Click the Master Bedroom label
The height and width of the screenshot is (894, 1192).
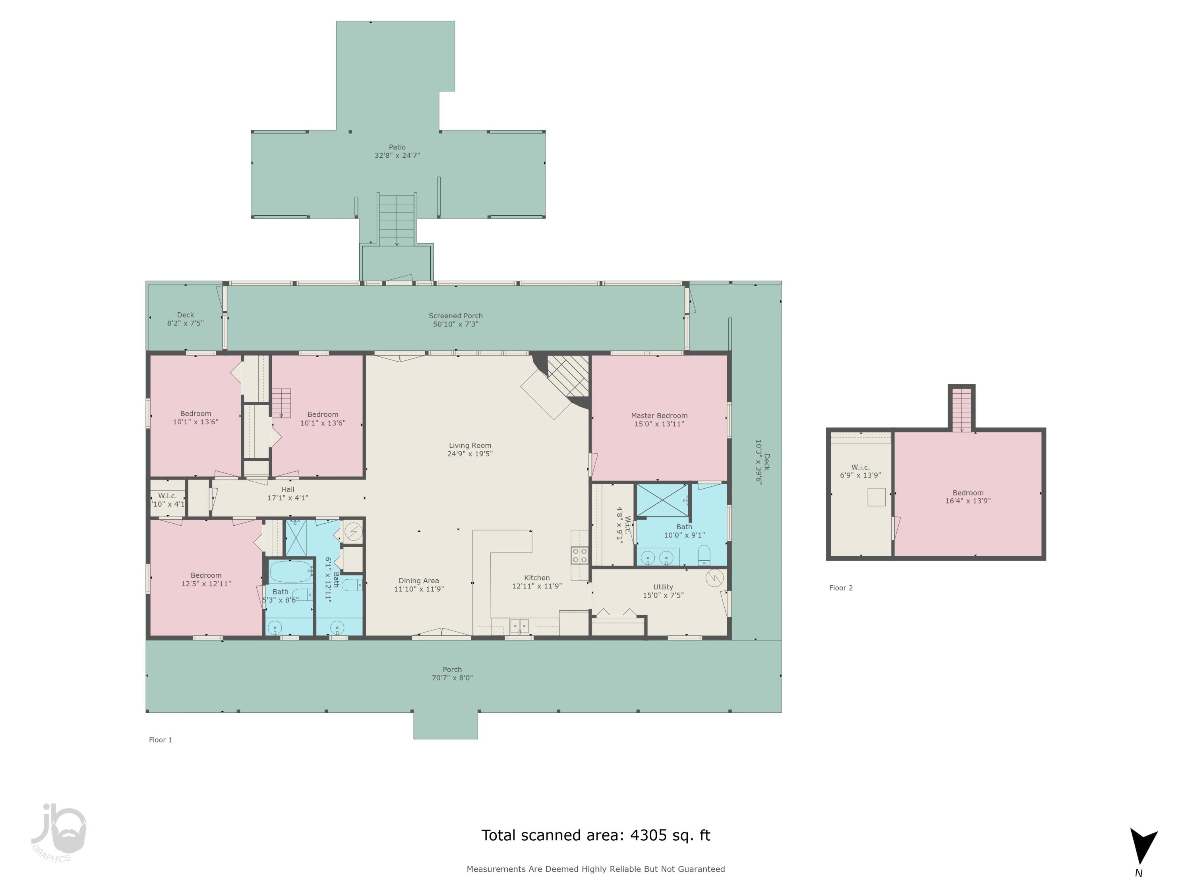point(659,416)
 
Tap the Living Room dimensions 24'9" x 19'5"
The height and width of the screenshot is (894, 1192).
point(470,454)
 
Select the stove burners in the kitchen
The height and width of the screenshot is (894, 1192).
point(580,555)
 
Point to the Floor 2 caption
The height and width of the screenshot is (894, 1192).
point(841,588)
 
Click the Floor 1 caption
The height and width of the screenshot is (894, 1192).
point(161,740)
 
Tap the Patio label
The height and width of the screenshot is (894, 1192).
point(397,147)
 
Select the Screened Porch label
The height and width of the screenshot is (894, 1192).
point(455,316)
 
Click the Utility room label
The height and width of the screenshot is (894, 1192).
point(663,587)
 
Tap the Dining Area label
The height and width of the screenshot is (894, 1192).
point(419,581)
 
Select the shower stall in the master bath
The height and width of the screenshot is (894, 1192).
point(663,501)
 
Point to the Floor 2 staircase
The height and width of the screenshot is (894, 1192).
point(962,410)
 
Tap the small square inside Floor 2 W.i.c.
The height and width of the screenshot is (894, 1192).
point(876,497)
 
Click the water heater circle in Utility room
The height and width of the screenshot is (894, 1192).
point(714,578)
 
